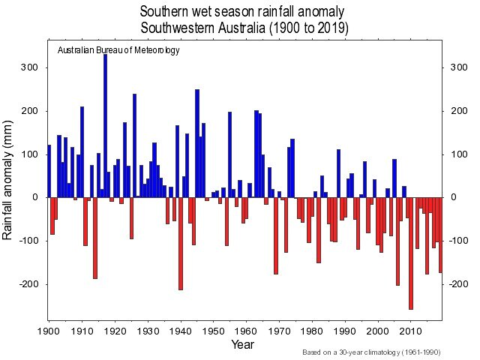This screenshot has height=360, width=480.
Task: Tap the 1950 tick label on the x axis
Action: [213, 329]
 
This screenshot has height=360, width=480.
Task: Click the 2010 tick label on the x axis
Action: [410, 329]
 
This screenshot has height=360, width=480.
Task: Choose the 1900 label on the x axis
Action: [49, 329]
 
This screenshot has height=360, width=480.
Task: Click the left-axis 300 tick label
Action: [30, 68]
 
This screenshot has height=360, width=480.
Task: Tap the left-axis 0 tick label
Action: [34, 198]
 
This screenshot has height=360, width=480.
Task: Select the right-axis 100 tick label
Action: [457, 154]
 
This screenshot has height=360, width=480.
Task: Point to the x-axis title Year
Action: [242, 344]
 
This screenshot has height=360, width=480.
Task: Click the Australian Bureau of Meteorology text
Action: [118, 50]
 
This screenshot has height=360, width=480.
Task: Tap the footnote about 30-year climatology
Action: [372, 352]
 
